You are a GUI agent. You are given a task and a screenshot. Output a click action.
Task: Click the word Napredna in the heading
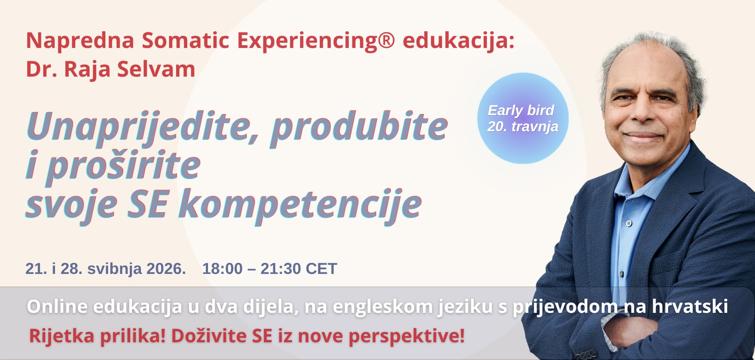coord(80,40)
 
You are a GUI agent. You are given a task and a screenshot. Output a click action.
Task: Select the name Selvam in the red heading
coord(156,69)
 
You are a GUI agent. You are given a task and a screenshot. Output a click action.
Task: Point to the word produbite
coord(359,127)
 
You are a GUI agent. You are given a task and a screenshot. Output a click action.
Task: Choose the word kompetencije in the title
coord(300,205)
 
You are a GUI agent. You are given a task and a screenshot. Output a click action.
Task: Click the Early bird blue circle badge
coord(523,118)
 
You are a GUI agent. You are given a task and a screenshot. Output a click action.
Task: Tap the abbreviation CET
coord(321,269)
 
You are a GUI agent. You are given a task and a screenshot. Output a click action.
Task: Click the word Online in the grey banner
coord(57,307)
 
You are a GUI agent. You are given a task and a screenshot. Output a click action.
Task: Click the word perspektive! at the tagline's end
coord(407,336)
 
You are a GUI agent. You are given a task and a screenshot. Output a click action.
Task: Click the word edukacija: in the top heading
coord(459,40)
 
